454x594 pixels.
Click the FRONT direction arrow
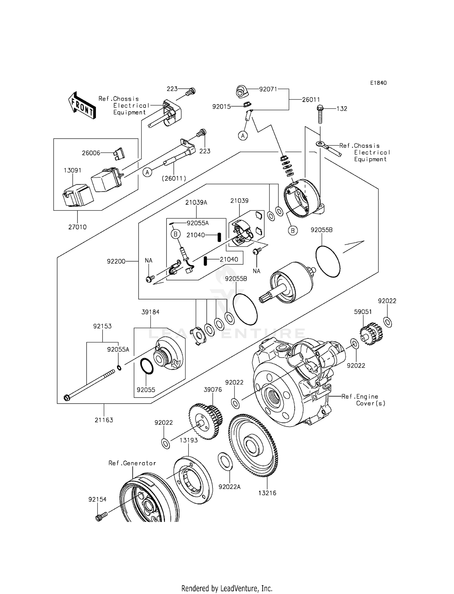click(x=82, y=105)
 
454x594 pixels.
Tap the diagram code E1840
click(x=378, y=83)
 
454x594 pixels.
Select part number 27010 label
click(x=77, y=227)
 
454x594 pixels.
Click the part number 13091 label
click(x=72, y=170)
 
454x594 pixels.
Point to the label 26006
click(x=91, y=153)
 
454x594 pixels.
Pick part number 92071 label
click(x=268, y=89)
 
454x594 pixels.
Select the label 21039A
click(x=196, y=203)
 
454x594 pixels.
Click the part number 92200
click(x=116, y=261)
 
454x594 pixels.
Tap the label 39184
click(x=150, y=312)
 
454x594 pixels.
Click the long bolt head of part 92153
click(x=67, y=398)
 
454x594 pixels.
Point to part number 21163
click(x=104, y=420)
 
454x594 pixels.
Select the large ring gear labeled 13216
click(x=253, y=445)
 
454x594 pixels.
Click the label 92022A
click(x=229, y=487)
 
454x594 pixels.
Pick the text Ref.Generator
click(x=132, y=463)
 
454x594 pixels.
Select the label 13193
click(x=189, y=440)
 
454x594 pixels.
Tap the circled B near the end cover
click(x=293, y=231)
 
